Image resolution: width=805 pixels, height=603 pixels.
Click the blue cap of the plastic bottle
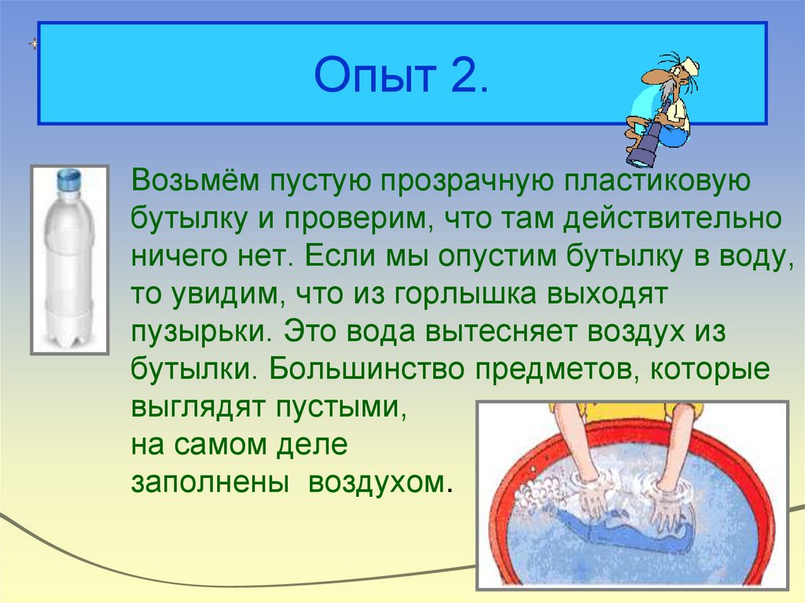70,178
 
